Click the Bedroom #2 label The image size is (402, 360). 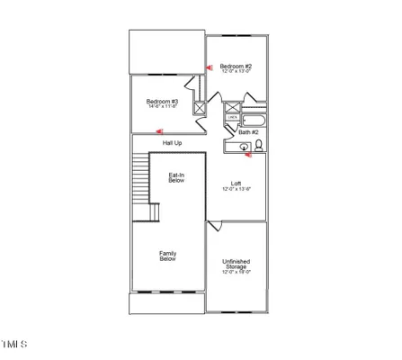point(237,67)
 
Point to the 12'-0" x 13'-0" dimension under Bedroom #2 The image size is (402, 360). point(237,73)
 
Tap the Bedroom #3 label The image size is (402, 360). point(163,102)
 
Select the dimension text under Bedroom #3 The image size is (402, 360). point(163,108)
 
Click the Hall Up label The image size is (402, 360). point(172,143)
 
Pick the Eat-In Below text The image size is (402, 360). point(177,179)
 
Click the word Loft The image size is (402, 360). point(236,184)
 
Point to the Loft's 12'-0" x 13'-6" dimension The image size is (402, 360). point(236,190)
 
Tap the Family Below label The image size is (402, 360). point(167,256)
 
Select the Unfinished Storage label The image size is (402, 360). point(237,264)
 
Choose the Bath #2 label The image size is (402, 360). point(248,133)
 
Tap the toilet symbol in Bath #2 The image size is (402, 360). point(259,146)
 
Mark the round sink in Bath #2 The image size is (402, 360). point(243,148)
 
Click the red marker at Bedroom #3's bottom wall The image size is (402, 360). point(157,131)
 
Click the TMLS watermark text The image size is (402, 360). point(15,345)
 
